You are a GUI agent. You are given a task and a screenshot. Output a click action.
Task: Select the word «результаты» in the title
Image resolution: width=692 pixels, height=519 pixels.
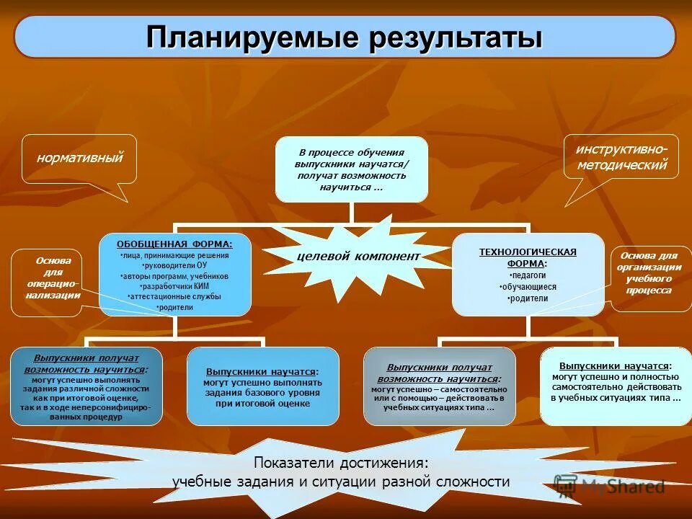(x=455, y=37)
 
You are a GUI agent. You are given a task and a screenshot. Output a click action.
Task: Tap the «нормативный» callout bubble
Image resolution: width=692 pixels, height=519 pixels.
(x=79, y=157)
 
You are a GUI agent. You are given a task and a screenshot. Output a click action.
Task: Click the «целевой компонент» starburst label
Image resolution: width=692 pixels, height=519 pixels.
(x=348, y=256)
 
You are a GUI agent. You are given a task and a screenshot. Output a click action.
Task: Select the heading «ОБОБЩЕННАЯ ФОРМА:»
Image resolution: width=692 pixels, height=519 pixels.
(x=175, y=244)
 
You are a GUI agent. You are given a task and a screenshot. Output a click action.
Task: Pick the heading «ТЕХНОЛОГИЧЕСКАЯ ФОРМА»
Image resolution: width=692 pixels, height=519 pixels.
(x=528, y=257)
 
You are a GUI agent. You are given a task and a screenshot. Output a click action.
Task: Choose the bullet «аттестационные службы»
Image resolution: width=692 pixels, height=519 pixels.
(x=175, y=296)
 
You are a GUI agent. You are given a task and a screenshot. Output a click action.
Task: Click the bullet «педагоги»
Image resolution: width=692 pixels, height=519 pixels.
(x=528, y=275)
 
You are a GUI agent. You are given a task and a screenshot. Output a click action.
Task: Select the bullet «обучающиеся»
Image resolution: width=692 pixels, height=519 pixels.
(x=528, y=287)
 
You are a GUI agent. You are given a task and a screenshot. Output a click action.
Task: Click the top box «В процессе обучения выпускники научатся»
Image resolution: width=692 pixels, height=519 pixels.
(x=351, y=169)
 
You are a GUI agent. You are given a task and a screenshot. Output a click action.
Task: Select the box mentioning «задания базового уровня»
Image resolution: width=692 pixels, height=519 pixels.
(x=262, y=387)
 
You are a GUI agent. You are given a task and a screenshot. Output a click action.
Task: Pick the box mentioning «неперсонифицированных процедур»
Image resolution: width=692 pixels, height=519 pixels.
(x=86, y=387)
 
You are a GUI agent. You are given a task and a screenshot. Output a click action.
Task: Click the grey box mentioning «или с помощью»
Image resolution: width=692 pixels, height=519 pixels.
(x=439, y=387)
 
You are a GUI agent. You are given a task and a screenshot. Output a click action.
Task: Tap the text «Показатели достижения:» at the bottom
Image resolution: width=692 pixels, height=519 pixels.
(x=340, y=463)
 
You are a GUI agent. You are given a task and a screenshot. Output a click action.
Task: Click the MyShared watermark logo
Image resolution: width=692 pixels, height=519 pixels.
(x=609, y=485)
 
